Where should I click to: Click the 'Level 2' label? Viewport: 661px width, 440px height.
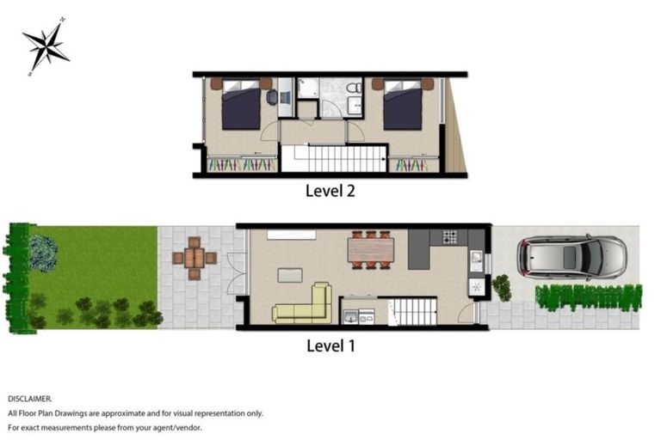[330, 191]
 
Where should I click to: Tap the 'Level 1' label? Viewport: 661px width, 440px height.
[330, 346]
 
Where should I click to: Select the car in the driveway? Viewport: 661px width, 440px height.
[571, 257]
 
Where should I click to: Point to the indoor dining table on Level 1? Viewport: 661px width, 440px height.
[370, 249]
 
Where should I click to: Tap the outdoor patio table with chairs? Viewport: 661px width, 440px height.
[195, 258]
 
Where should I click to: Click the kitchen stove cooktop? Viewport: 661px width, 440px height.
[451, 236]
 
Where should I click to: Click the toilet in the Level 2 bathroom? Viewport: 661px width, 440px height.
[354, 89]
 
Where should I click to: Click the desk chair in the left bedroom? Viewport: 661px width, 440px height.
[272, 97]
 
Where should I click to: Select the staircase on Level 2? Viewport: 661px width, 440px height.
[335, 159]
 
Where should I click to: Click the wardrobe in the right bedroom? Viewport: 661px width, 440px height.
[414, 164]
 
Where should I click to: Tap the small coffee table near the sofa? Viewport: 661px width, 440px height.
[289, 275]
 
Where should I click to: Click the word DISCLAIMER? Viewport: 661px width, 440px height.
[30, 399]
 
